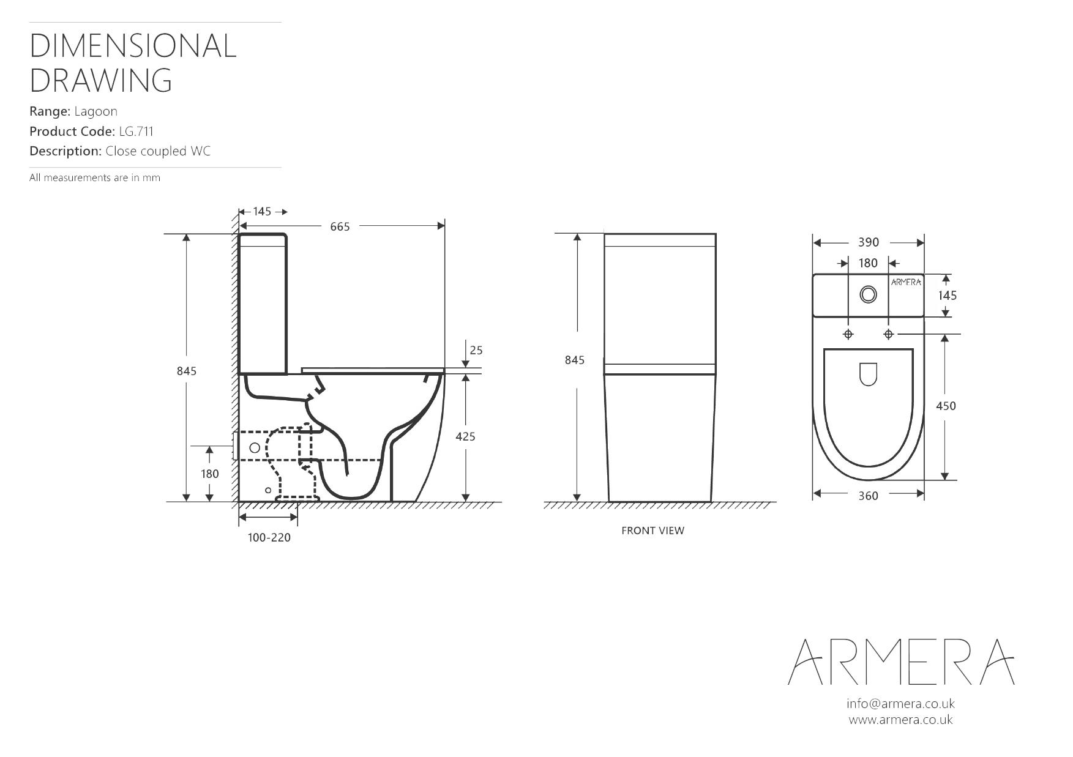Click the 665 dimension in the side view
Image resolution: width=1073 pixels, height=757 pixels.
[340, 226]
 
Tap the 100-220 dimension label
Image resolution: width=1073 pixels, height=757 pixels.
[269, 537]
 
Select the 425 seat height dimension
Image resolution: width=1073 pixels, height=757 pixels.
[465, 436]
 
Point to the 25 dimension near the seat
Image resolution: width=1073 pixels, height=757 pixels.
[476, 350]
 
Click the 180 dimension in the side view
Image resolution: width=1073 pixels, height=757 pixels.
[209, 474]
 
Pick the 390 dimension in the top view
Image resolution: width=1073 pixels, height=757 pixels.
[868, 242]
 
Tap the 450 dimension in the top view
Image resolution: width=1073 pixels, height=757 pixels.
[946, 406]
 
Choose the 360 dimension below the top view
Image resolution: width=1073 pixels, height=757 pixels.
[868, 496]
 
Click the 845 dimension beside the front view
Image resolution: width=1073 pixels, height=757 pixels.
[574, 360]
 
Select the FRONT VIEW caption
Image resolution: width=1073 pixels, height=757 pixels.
[652, 531]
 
